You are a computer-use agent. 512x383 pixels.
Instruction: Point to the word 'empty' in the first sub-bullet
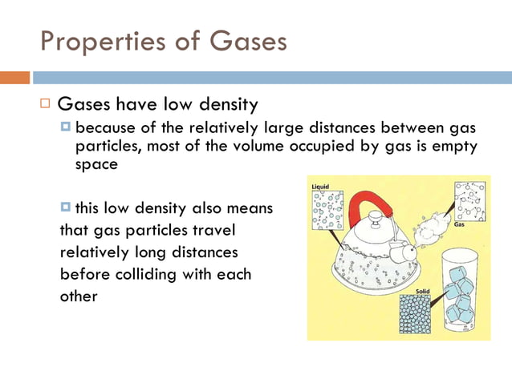click(455, 146)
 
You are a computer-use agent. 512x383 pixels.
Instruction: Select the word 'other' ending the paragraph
click(79, 296)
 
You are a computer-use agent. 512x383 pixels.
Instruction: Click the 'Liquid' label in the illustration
click(319, 187)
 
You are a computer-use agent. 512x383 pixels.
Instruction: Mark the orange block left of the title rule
click(14, 78)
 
